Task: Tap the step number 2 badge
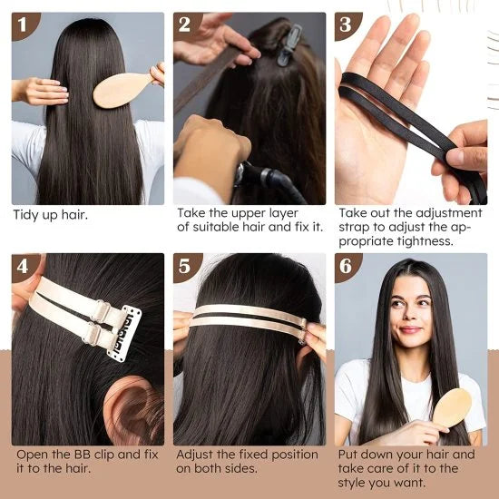point(187,25)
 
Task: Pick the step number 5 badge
point(187,267)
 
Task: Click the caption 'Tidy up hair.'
point(50,215)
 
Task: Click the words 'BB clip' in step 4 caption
point(92,454)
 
